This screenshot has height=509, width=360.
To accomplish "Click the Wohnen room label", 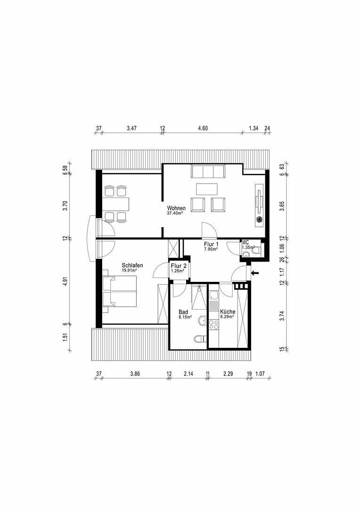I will coord(176,208).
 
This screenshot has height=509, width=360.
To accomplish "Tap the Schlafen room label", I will coord(132,265).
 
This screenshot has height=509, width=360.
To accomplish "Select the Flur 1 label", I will coord(211,244).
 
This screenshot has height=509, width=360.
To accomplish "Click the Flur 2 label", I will coord(179,266).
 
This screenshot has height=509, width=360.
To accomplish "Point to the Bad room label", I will coord(183,312).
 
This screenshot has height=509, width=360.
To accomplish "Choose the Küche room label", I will coord(228,312).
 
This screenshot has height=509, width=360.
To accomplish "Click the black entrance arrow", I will coord(255,273).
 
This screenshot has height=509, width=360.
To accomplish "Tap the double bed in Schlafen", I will coord(120,291).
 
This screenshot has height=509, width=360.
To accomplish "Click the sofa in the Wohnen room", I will coord(208,171).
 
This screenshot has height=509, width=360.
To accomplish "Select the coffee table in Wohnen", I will coord(207,189).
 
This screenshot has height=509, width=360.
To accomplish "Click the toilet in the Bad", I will coord(200,338).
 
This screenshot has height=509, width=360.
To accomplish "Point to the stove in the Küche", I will coord(214,324).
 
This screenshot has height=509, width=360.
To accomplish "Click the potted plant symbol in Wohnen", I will coord(259,220).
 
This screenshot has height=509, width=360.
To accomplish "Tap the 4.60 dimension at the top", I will coord(203,128).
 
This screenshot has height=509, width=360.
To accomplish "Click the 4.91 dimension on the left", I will coord(65,281).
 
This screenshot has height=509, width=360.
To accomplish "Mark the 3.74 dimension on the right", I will coord(282,317).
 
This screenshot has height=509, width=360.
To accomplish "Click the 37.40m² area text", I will coord(175,213).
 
